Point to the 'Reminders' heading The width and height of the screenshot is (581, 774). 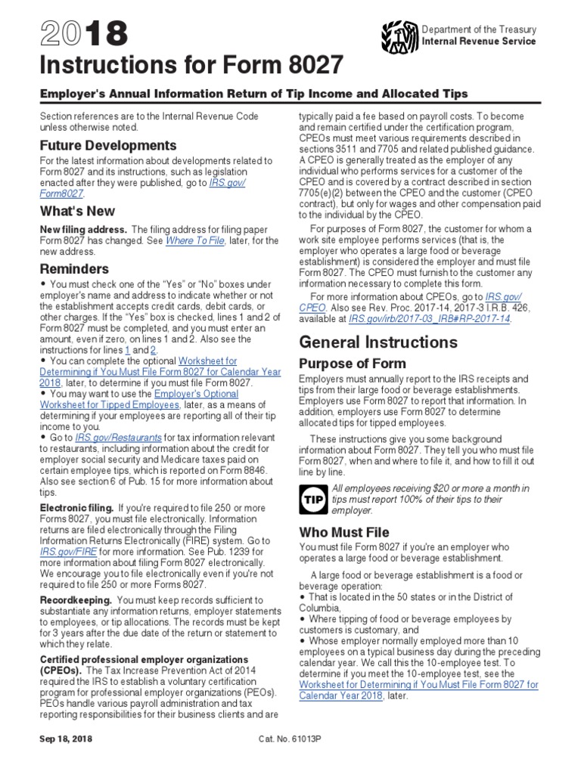click(x=74, y=269)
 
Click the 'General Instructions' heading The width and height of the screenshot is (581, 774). click(x=378, y=342)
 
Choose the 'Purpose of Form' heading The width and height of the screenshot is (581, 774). click(x=353, y=364)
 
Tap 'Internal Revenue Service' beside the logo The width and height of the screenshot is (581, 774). click(x=480, y=42)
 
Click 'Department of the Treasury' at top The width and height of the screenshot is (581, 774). click(x=480, y=29)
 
